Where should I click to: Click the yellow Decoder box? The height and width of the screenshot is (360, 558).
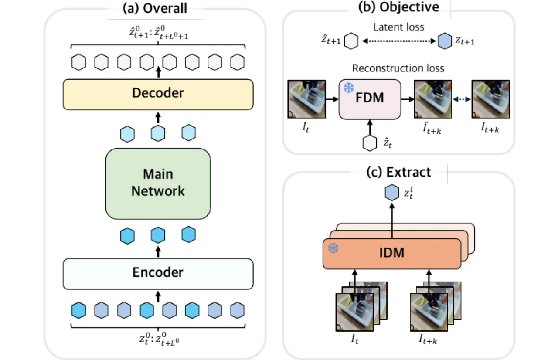tap(158, 94)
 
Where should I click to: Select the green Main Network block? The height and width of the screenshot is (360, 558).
tap(158, 184)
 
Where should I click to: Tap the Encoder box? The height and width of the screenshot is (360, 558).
tap(158, 274)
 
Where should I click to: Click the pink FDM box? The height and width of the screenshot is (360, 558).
tap(370, 99)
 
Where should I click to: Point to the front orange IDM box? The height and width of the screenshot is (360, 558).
tap(392, 254)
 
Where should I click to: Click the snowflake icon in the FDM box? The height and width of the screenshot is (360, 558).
tap(349, 88)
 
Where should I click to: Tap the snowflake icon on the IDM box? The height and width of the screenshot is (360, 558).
tap(333, 248)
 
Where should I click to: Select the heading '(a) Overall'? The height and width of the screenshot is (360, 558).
tap(155, 8)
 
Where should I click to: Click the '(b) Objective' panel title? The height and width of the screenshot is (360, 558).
tap(398, 7)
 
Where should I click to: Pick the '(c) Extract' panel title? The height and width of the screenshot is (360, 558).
tap(398, 172)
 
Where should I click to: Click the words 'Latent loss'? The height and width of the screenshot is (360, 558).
tap(398, 27)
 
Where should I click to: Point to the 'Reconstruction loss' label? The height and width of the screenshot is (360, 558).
tap(398, 68)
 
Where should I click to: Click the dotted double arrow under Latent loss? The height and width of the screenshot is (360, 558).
tap(399, 41)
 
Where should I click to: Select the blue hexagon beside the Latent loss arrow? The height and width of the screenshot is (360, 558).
tap(445, 41)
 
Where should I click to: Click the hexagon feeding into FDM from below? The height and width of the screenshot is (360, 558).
tap(370, 143)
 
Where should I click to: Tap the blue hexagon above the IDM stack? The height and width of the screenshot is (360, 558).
tap(392, 193)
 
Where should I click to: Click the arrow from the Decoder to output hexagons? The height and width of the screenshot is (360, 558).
tap(158, 72)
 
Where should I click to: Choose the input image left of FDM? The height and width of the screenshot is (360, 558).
tap(306, 99)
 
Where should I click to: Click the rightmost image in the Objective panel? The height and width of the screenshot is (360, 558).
tap(491, 99)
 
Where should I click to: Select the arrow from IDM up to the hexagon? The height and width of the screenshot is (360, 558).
tap(392, 221)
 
